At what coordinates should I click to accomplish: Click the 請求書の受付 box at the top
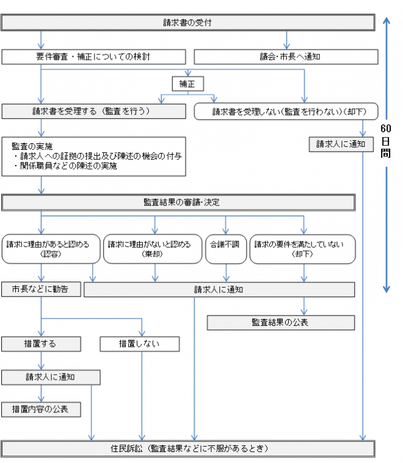[x=187, y=23]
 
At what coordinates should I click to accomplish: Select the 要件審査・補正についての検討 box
[x=93, y=57]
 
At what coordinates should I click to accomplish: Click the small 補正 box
[x=187, y=83]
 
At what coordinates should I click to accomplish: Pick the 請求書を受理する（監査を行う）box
[x=93, y=111]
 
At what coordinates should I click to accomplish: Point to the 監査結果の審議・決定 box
[x=178, y=202]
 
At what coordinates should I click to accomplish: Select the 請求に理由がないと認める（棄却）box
[x=152, y=249]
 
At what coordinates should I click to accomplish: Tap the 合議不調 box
[x=226, y=249]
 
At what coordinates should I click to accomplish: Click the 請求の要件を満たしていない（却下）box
[x=302, y=249]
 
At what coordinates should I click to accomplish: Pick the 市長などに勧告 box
[x=41, y=289]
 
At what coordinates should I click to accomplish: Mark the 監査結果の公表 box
[x=280, y=322]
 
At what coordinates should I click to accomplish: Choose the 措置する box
[x=41, y=344]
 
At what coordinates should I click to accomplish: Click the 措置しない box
[x=139, y=344]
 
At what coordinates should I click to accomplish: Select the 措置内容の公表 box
[x=41, y=409]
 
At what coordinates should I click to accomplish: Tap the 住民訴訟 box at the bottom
[x=187, y=449]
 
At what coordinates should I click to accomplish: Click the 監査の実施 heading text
[x=32, y=147]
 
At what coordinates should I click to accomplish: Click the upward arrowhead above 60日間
[x=386, y=21]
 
